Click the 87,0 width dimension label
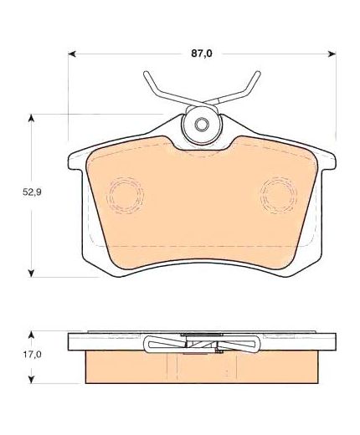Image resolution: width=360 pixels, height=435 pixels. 202,54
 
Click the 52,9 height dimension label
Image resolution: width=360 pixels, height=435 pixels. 32,192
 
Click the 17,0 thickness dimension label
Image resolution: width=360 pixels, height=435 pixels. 32,355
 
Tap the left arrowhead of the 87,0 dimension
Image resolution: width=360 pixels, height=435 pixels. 72,54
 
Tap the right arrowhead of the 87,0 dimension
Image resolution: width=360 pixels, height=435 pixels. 332,54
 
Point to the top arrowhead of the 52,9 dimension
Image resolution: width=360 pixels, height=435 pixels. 32,118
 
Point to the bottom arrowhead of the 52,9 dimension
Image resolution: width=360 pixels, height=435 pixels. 32,273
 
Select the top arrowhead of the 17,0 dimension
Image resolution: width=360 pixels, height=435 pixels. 32,335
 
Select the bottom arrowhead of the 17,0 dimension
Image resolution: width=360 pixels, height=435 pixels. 32,379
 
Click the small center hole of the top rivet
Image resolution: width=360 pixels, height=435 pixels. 201,124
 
